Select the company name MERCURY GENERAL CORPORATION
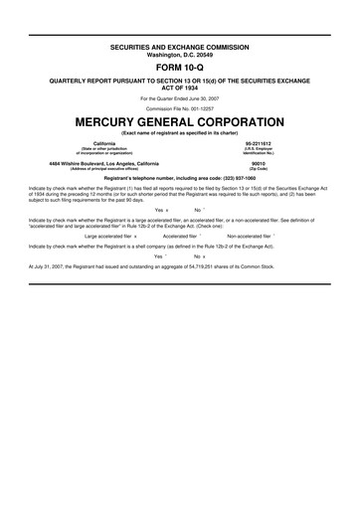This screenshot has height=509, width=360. pos(180,119)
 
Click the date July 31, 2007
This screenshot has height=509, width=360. pos(47,267)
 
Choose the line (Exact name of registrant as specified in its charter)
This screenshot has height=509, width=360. pos(180,132)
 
